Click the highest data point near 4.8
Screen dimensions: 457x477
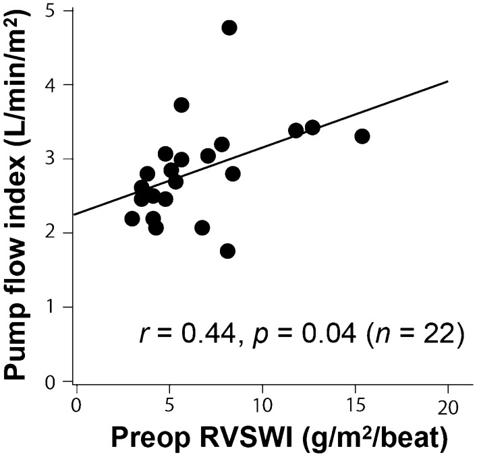pos(229,28)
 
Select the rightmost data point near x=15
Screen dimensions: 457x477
pos(362,136)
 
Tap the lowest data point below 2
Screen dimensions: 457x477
pos(227,251)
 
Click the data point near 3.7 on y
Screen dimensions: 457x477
pos(181,104)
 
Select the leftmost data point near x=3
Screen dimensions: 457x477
pos(132,218)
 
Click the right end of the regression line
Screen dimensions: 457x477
pos(447,82)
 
